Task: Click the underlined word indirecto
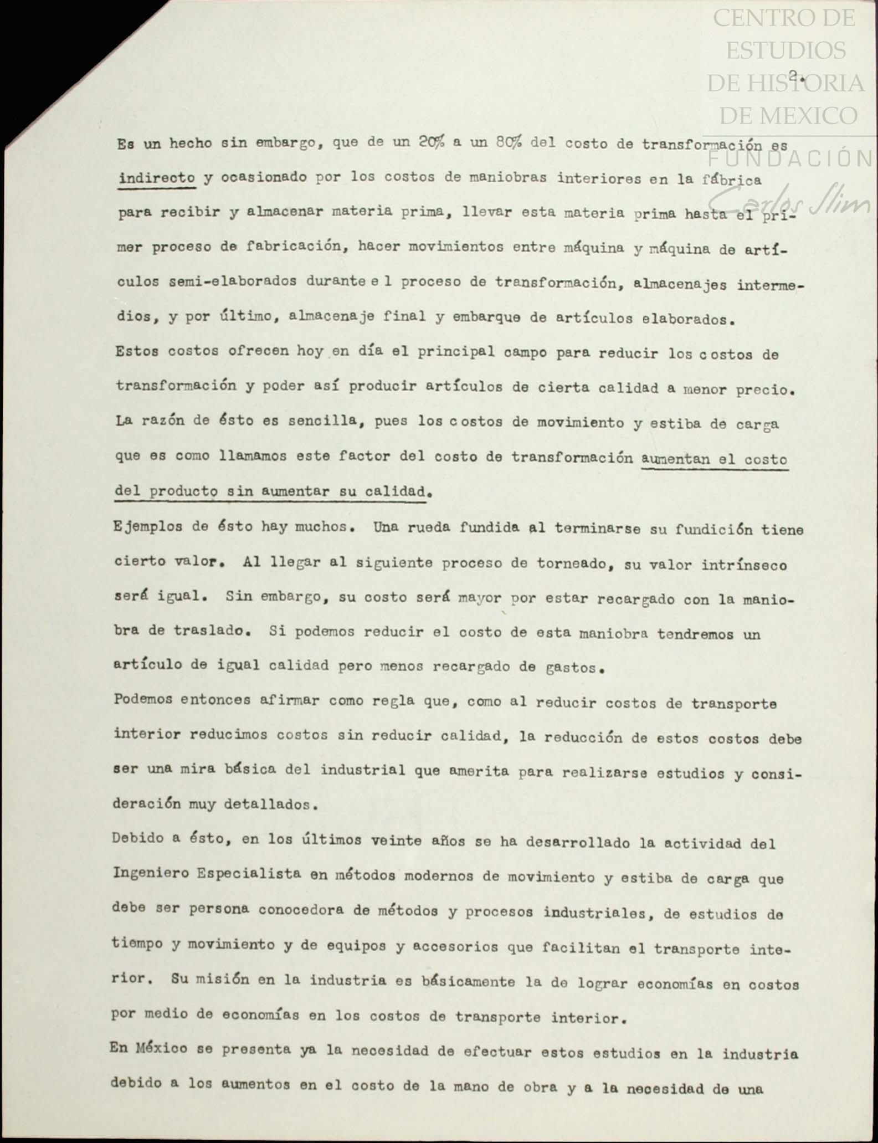(157, 178)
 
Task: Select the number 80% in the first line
(509, 143)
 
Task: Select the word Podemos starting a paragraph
(145, 699)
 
